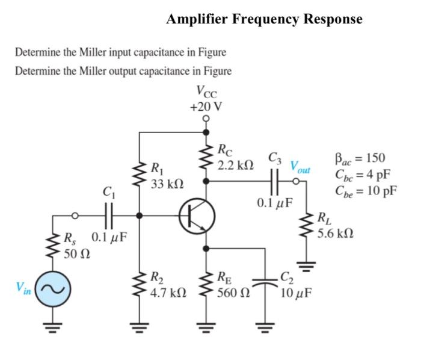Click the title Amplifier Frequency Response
pyautogui.click(x=264, y=19)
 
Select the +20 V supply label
pyautogui.click(x=206, y=107)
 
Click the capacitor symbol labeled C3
pyautogui.click(x=275, y=179)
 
